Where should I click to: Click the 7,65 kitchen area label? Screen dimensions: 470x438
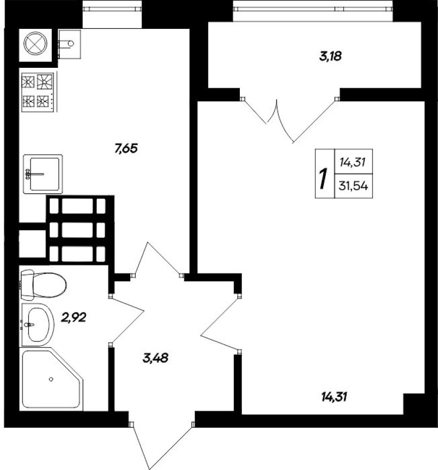click(x=126, y=148)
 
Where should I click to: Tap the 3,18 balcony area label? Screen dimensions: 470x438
click(x=330, y=56)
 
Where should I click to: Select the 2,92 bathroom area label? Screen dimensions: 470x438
click(x=74, y=318)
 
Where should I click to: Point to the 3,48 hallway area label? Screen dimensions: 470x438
click(x=156, y=358)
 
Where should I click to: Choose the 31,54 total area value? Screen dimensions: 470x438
click(x=353, y=186)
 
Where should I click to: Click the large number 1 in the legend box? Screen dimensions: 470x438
click(x=322, y=178)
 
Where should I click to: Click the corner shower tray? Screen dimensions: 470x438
click(x=52, y=379)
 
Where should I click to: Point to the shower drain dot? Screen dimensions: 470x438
click(x=51, y=380)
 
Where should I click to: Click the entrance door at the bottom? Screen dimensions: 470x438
click(x=160, y=446)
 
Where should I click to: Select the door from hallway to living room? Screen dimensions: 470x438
click(x=219, y=324)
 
